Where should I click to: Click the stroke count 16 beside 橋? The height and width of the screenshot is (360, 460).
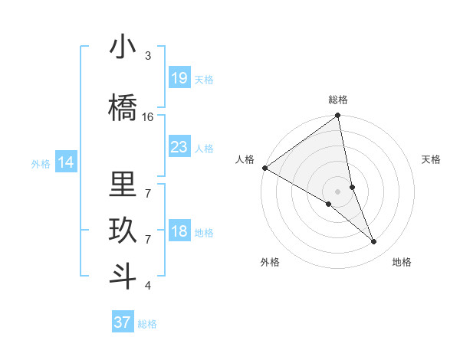[x=148, y=117]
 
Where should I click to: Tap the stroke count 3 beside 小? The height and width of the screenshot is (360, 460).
[x=148, y=56]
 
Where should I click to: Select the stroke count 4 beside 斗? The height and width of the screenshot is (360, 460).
[x=148, y=286]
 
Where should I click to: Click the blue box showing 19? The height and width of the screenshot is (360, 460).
[x=179, y=78]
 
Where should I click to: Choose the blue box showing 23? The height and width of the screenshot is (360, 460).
[x=179, y=147]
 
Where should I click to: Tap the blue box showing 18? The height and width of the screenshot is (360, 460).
[x=179, y=231]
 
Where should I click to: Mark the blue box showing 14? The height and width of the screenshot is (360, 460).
[x=66, y=162]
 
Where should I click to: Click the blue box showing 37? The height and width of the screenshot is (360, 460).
[x=122, y=322]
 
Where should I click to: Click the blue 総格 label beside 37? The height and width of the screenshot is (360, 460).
[x=147, y=324]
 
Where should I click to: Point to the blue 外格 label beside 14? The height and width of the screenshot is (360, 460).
[x=41, y=163]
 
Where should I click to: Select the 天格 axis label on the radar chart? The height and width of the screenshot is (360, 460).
[x=432, y=159]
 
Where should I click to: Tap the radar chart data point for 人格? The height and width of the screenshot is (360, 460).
[x=264, y=168]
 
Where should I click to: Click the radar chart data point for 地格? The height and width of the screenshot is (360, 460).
[x=374, y=242]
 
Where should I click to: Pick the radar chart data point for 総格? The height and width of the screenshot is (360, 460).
[x=337, y=116]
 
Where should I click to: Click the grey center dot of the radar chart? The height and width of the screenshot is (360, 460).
[x=337, y=191]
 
